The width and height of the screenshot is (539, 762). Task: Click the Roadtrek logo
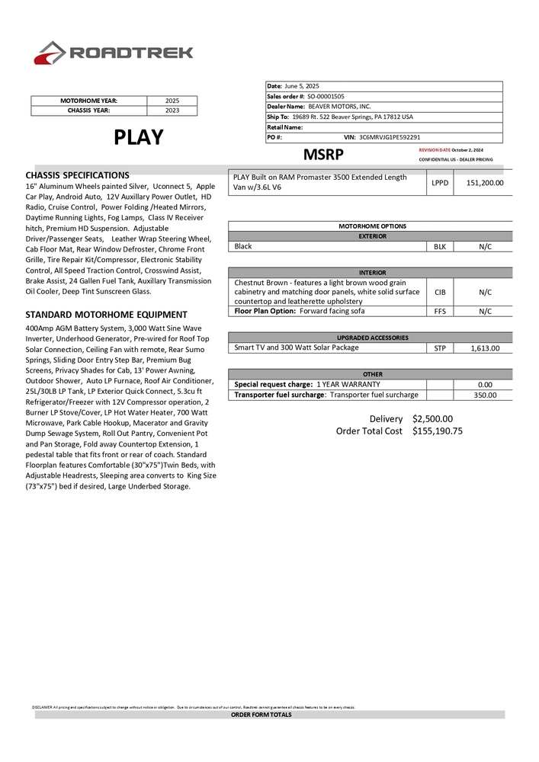tap(114, 53)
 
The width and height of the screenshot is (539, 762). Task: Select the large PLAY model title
tap(139, 137)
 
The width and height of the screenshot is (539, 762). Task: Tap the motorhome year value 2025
tap(172, 101)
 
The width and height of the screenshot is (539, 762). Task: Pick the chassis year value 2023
tap(172, 110)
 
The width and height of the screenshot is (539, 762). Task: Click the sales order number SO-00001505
tap(326, 97)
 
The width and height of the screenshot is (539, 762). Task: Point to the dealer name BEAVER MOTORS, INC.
tap(339, 107)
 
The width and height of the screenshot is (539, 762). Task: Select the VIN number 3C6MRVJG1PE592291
tap(390, 137)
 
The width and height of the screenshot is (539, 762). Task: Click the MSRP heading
tap(323, 154)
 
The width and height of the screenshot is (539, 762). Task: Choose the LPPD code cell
tap(440, 183)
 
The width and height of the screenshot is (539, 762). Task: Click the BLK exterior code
tap(440, 247)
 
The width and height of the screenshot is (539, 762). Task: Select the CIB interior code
tap(440, 292)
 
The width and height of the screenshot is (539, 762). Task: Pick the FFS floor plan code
tap(440, 311)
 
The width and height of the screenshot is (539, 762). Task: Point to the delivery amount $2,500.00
tap(432, 419)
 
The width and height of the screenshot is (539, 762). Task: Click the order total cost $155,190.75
tap(438, 431)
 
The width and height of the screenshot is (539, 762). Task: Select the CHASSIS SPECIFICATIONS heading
tap(77, 175)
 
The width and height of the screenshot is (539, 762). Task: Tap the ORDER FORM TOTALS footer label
tap(261, 715)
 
